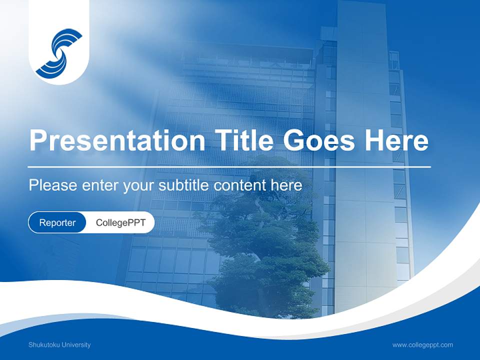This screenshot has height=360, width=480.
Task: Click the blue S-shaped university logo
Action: click(x=59, y=54)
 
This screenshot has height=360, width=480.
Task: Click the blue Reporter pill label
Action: click(x=57, y=222)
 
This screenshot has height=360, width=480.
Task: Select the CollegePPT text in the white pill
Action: click(x=120, y=222)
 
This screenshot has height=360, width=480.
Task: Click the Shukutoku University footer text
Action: click(x=59, y=345)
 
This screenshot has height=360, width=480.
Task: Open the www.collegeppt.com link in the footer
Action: click(x=422, y=345)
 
